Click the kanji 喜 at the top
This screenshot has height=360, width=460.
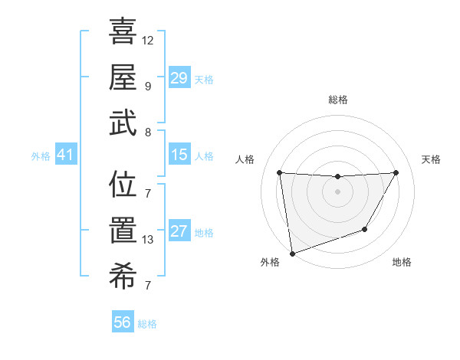point(123,31)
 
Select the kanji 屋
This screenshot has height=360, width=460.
point(123,77)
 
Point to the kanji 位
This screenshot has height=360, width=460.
point(123,185)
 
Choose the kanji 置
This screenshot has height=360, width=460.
point(123,231)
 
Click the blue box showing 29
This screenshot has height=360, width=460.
point(179,78)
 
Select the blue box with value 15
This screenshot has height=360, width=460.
point(179,155)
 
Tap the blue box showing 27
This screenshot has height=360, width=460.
point(179,231)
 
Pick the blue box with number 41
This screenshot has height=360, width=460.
point(65,155)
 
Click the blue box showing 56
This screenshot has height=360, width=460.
point(122,322)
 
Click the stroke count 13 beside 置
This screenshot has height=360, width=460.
point(148,240)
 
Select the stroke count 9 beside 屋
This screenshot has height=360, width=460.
point(147,85)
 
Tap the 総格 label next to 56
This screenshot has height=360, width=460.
point(147,324)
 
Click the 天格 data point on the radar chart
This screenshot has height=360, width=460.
point(396,172)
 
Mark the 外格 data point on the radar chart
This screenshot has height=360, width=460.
point(292,253)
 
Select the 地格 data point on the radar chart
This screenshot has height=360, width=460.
point(365,229)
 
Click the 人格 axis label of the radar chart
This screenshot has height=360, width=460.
point(246,159)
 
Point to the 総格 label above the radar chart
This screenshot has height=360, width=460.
point(337,100)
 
